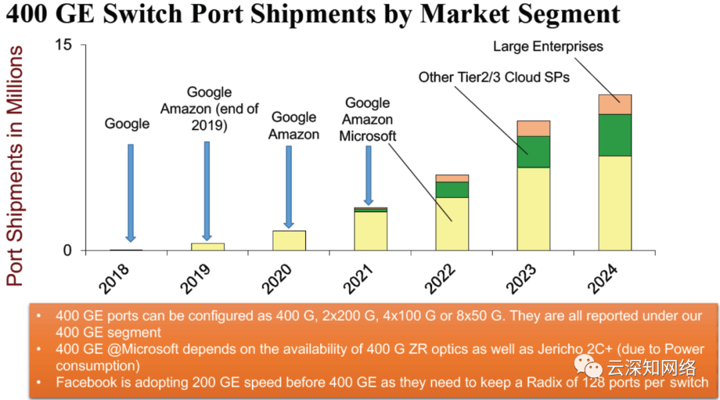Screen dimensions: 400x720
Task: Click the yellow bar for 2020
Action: click(289, 241)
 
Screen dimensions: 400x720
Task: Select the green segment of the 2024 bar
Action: click(615, 135)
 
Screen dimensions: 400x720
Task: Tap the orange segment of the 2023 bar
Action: click(533, 128)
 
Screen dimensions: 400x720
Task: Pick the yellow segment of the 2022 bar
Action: click(452, 224)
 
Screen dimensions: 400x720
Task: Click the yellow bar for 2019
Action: click(207, 247)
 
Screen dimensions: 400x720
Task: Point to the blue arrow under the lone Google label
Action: click(131, 192)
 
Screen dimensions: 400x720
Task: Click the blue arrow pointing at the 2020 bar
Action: click(289, 187)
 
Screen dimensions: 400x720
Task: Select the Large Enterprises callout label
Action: click(548, 47)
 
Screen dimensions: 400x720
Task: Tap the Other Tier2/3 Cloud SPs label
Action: click(494, 77)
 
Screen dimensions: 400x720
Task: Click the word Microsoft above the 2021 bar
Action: click(368, 136)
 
